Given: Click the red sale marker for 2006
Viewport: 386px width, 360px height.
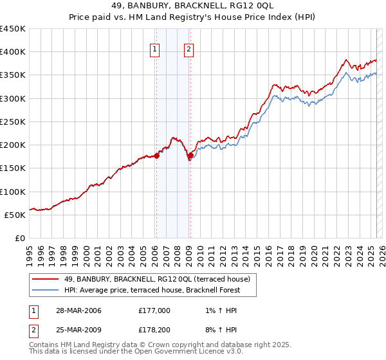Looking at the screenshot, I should tap(156, 156).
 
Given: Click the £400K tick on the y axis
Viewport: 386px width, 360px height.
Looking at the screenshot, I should tap(13, 52).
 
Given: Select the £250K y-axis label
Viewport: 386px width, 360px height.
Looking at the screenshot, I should tap(13, 122).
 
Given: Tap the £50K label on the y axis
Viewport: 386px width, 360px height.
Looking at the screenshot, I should tap(15, 215).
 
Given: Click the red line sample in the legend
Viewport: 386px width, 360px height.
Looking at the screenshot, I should tap(46, 279).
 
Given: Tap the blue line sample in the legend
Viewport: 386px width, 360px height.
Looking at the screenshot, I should tap(46, 290).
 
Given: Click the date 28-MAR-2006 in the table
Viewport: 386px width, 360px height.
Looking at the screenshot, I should tap(78, 310).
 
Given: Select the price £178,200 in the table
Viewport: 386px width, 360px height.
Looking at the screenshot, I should tap(154, 330).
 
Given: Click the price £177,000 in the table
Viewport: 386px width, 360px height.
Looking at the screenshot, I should tap(154, 310).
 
